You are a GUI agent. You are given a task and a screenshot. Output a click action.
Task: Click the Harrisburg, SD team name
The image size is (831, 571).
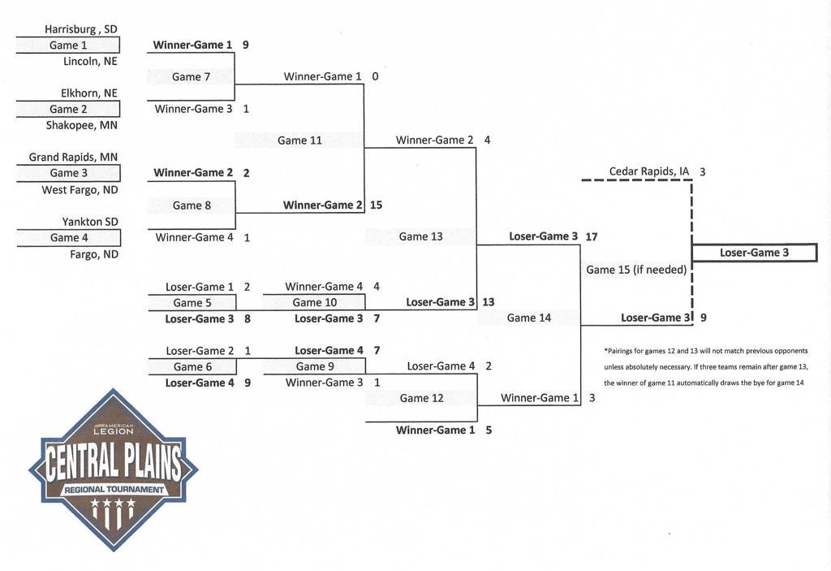80,29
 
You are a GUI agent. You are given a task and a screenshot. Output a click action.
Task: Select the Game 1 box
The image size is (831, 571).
68,45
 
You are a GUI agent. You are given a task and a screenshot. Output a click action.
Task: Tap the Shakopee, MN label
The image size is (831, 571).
82,125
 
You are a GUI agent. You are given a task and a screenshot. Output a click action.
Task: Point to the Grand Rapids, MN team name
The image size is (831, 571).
73,157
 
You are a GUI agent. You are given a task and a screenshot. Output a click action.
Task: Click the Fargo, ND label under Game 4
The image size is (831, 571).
94,254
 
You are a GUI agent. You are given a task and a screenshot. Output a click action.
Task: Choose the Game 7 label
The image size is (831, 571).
191,77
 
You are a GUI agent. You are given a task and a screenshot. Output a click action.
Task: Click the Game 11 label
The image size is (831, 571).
299,141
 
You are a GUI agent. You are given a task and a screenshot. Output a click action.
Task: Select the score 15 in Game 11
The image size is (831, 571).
376,205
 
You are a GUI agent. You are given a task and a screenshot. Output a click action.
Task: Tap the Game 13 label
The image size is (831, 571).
421,236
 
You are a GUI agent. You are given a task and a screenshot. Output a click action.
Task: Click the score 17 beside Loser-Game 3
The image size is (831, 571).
592,236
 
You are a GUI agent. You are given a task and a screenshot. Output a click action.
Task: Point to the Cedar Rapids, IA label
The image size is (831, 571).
649,171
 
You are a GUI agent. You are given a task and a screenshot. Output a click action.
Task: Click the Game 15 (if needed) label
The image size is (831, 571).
636,270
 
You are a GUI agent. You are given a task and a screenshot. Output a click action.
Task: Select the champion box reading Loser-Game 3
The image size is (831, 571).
754,253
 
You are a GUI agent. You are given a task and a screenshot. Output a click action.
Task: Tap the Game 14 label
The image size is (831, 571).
529,318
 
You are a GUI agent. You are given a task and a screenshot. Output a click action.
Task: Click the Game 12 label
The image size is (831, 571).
421,398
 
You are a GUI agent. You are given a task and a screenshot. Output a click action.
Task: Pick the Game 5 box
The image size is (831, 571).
192,303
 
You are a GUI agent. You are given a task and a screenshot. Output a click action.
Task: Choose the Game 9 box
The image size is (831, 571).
315,366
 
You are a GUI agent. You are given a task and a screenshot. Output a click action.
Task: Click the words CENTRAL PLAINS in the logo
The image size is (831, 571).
113,461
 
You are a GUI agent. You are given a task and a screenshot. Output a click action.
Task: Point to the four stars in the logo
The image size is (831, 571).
113,502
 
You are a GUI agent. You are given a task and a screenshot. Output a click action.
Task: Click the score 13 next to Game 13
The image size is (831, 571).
488,302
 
